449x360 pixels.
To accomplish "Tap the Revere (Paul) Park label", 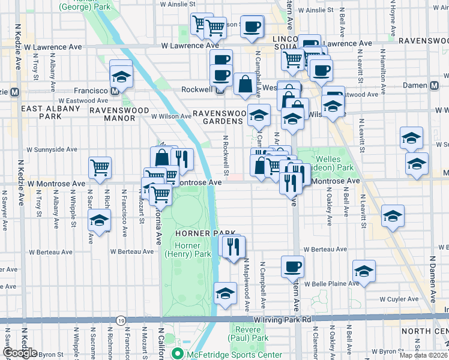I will [249, 334].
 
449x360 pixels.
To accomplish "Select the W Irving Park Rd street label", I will [282, 321].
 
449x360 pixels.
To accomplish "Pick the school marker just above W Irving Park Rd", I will [225, 293].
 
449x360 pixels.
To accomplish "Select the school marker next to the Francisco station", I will [121, 77].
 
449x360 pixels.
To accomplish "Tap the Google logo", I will [20, 353].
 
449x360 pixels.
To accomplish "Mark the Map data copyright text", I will [423, 355].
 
